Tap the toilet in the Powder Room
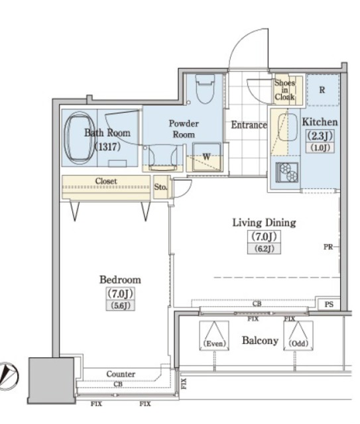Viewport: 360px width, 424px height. coord(205,89)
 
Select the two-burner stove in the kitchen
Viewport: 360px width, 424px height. coord(287,172)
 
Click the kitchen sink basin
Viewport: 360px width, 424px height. coord(288,127)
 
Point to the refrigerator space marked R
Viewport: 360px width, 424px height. coord(323,90)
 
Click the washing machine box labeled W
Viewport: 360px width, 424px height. coord(207,158)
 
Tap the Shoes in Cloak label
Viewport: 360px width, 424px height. coord(284,90)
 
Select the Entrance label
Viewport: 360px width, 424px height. coord(249,125)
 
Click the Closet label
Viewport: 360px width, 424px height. coord(106,181)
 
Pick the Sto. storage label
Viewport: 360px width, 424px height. coord(160,187)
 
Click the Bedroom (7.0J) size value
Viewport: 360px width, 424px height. coord(120,293)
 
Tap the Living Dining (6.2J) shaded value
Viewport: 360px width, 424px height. coord(264,248)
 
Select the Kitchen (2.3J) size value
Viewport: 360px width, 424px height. coord(320,135)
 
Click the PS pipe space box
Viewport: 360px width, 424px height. coord(329,304)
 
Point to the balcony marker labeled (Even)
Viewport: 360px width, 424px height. coord(214,336)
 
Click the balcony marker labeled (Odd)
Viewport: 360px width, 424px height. coord(298,336)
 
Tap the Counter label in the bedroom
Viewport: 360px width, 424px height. coord(121,374)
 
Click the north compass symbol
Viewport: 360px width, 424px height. coord(8,376)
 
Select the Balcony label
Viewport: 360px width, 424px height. coord(260,341)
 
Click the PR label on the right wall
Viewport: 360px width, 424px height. coord(328,247)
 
